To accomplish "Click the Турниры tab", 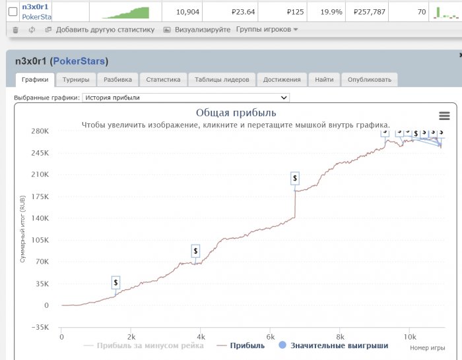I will pyautogui.click(x=76, y=80).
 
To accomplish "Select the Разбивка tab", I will pyautogui.click(x=118, y=80).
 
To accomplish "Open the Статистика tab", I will pyautogui.click(x=163, y=80).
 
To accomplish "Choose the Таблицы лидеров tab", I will pyautogui.click(x=222, y=80).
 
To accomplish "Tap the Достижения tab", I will pyautogui.click(x=282, y=80).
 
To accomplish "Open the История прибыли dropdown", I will pyautogui.click(x=185, y=98).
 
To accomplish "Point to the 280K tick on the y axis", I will pyautogui.click(x=40, y=131).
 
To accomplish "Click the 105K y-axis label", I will pyautogui.click(x=40, y=240).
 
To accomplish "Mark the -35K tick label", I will pyautogui.click(x=40, y=327).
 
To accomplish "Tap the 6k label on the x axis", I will pyautogui.click(x=270, y=336).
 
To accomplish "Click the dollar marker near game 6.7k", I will pyautogui.click(x=295, y=178).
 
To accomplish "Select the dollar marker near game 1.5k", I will pyautogui.click(x=116, y=282).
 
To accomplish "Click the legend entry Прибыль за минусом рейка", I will pyautogui.click(x=150, y=345).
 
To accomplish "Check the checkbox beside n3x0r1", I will pyautogui.click(x=12, y=12).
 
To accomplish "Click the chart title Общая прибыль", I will pyautogui.click(x=236, y=112).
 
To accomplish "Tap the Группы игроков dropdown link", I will pyautogui.click(x=267, y=30).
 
